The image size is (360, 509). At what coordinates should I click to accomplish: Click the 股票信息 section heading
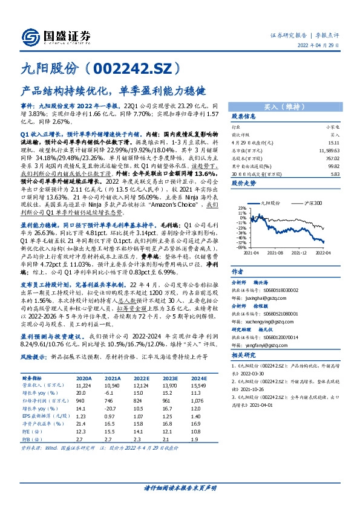(244, 117)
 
